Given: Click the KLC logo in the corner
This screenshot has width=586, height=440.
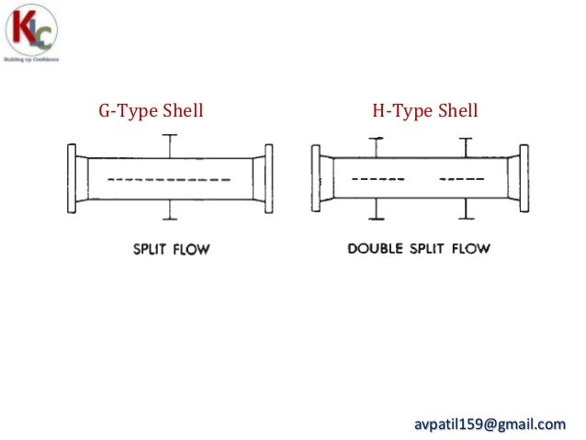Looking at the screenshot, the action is (32, 32).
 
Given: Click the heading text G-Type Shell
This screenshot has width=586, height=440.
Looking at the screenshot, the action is (151, 112).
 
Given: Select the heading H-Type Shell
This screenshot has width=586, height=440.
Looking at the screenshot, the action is (425, 112).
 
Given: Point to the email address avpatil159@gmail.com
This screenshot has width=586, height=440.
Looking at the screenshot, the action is (489, 423).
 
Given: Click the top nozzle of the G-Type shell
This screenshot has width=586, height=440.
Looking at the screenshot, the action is (168, 145).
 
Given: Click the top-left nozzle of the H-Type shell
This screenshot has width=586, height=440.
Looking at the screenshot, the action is (375, 147).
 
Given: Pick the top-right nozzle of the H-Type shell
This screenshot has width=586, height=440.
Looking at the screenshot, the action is (466, 147).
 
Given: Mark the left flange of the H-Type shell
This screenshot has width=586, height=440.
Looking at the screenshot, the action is (316, 178).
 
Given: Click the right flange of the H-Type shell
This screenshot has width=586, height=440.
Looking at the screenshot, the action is (524, 178).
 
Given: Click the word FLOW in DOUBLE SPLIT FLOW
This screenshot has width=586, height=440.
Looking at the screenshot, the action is (468, 249).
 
